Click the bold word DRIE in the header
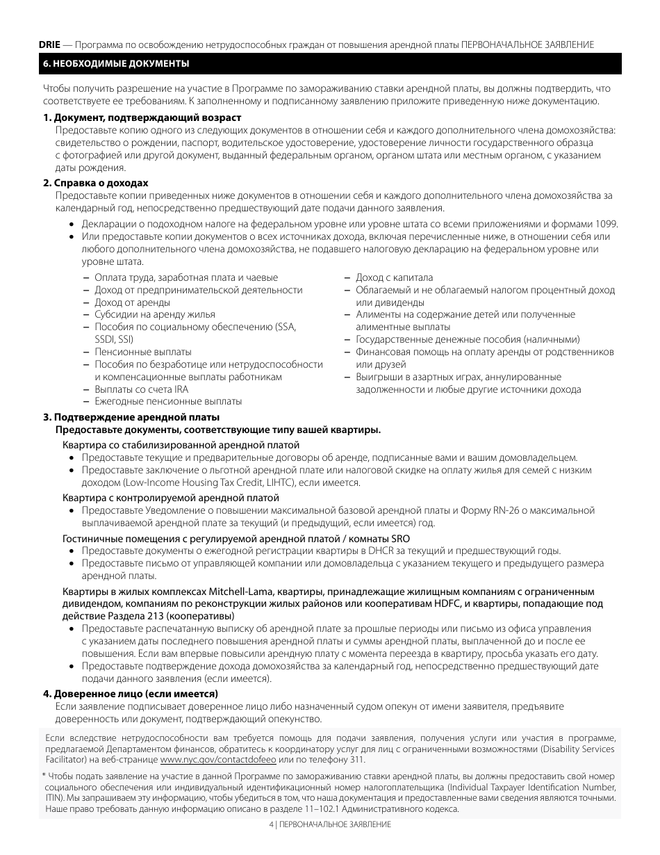click(x=49, y=44)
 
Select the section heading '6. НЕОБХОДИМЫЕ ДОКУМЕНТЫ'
click(x=115, y=64)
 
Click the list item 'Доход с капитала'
click(x=394, y=277)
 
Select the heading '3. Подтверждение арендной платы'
click(x=131, y=417)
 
